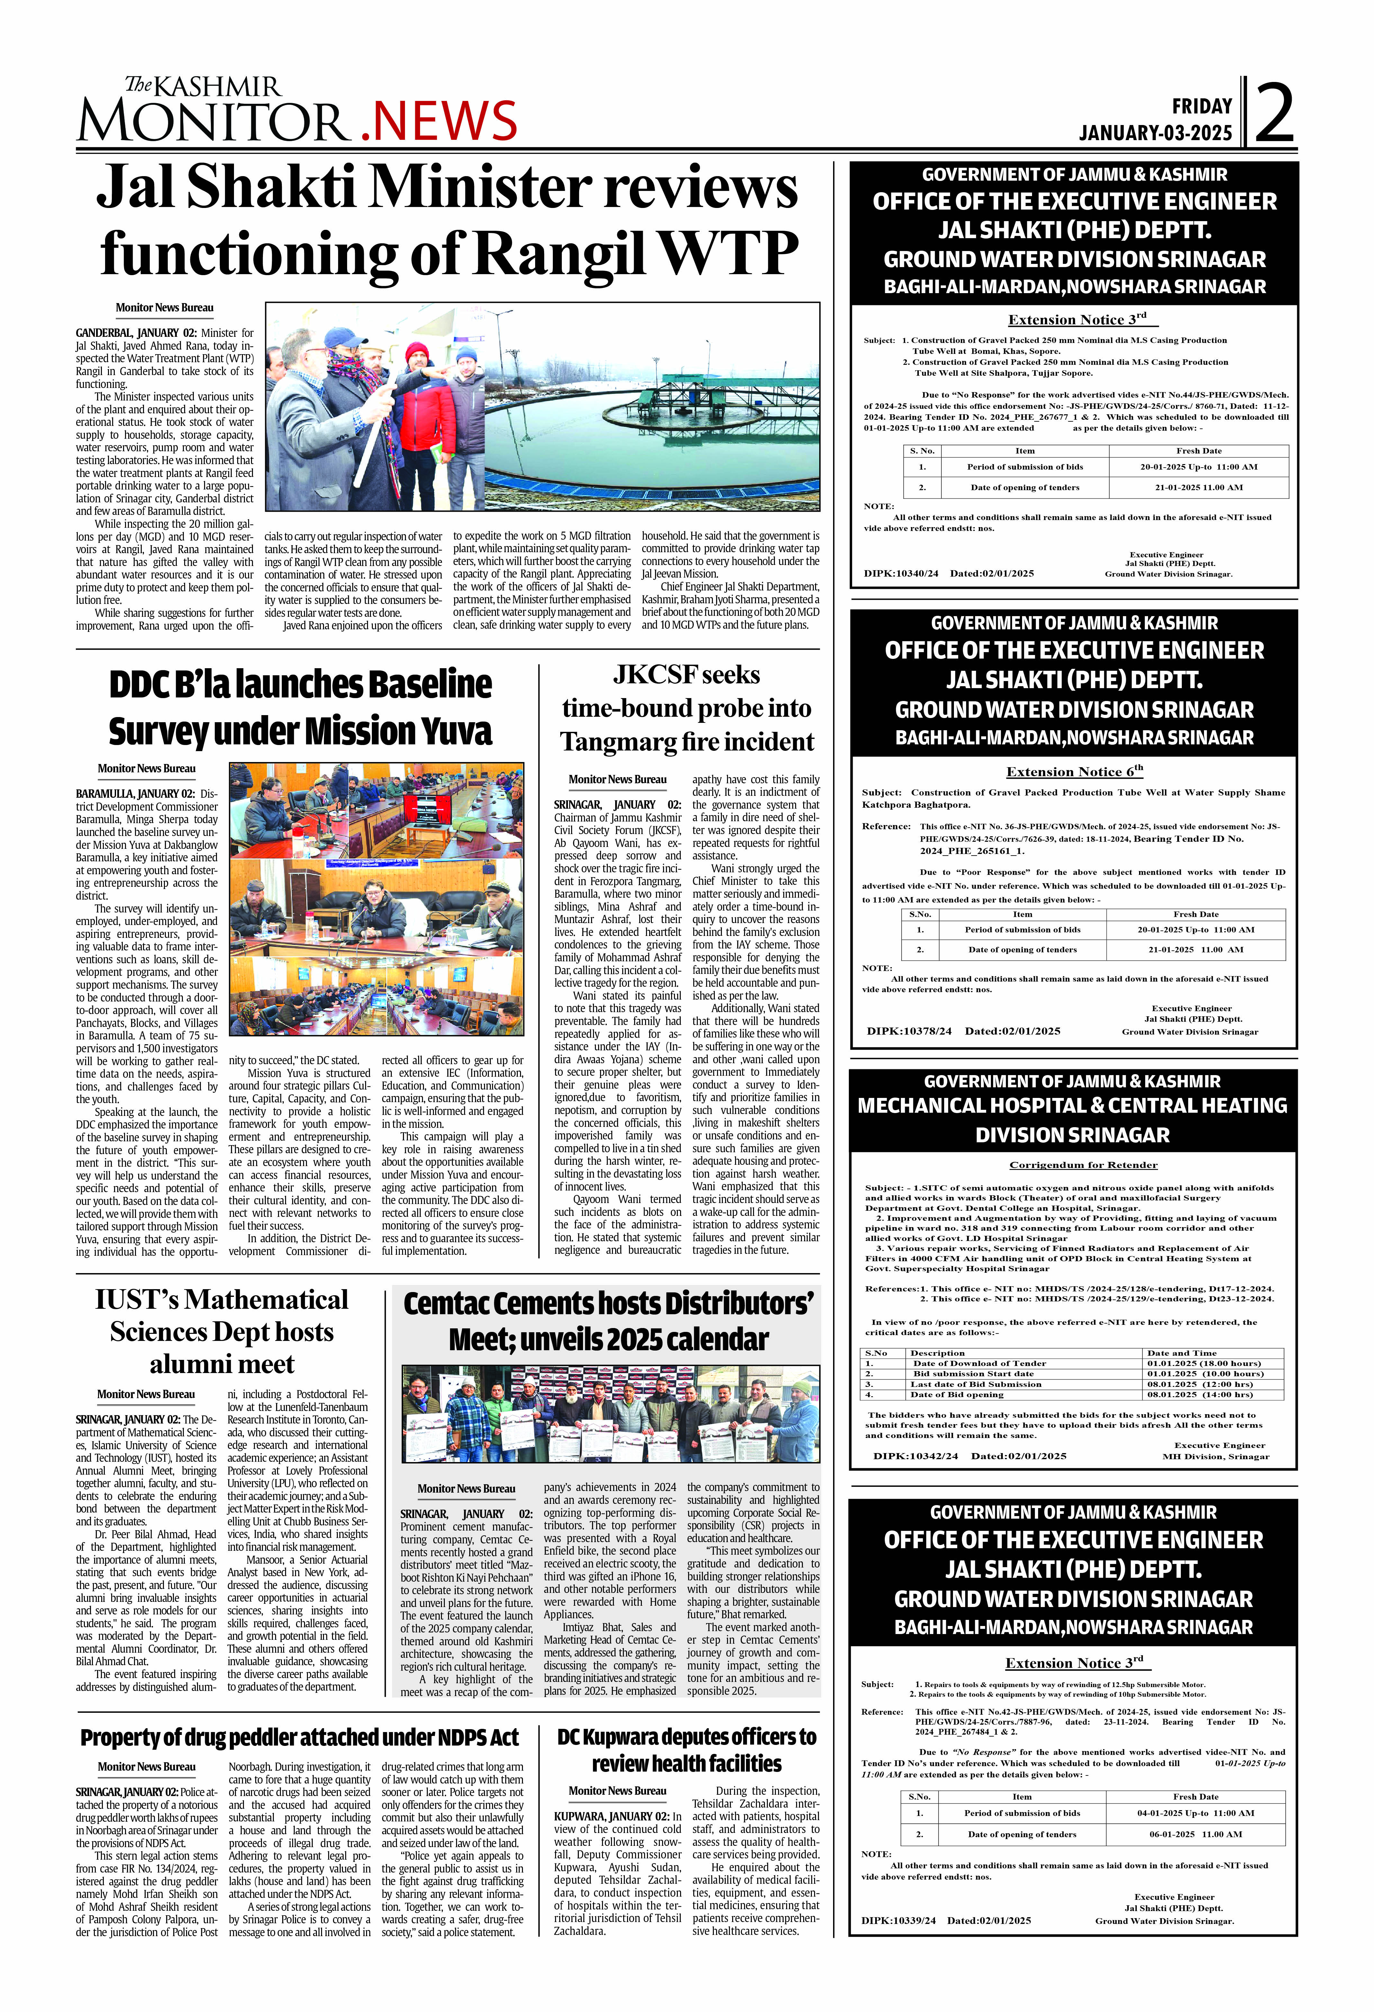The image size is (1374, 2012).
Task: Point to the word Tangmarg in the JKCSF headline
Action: click(x=615, y=742)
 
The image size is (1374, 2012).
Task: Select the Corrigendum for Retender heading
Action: click(x=1083, y=1164)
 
